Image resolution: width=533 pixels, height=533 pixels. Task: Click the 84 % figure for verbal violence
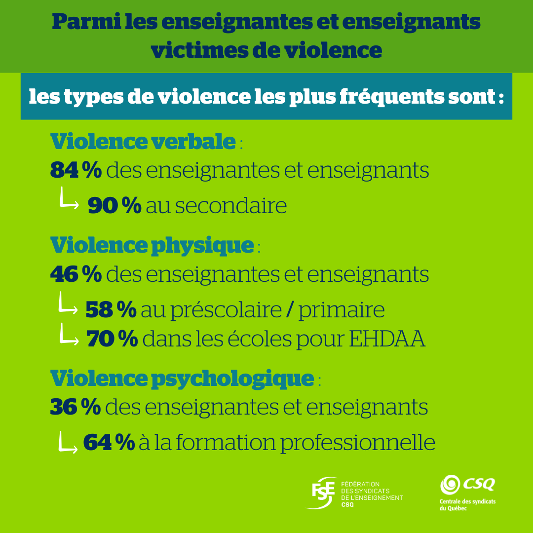[76, 171]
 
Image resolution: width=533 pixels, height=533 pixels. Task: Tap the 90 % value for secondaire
[114, 205]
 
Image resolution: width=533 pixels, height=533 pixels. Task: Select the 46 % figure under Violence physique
[76, 274]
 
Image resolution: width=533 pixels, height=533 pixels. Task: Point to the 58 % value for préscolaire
[111, 310]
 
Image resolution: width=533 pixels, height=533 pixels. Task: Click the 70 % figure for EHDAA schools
[112, 339]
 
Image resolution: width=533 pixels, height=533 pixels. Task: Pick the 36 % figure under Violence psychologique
[76, 408]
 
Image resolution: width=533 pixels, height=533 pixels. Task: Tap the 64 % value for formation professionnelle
[109, 442]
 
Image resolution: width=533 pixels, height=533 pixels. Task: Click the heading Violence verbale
[143, 142]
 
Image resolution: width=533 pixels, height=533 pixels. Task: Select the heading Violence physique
[152, 245]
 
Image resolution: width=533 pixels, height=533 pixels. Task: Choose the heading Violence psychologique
[182, 378]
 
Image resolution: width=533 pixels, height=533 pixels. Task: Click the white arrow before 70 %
[69, 336]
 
